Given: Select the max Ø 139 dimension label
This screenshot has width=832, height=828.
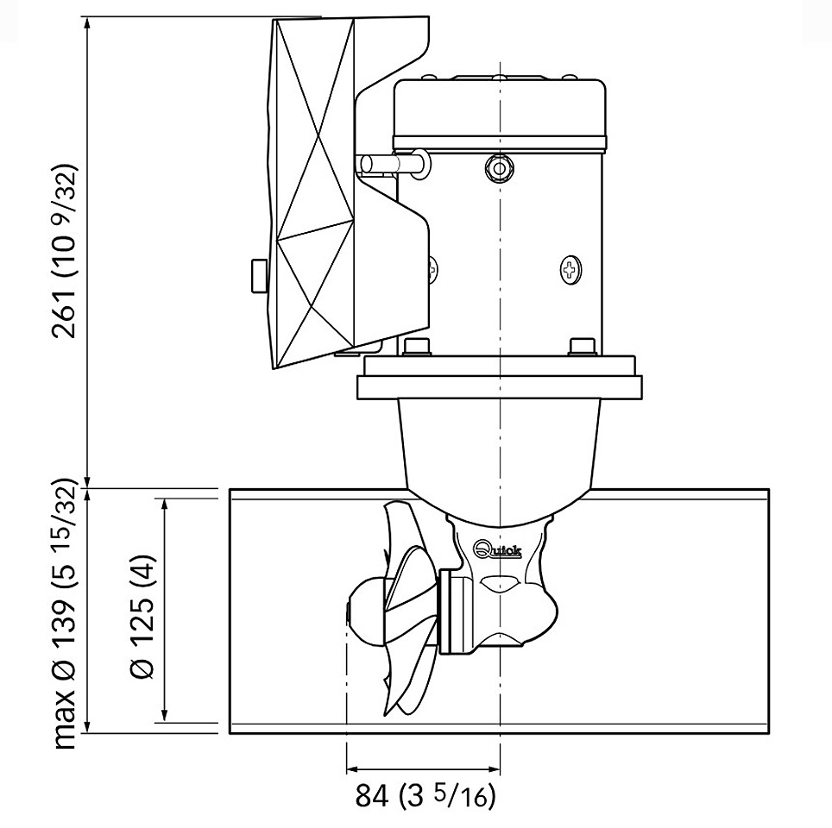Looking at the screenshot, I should pyautogui.click(x=68, y=618).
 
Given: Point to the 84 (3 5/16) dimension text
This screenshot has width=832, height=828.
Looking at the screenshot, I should pyautogui.click(x=425, y=796).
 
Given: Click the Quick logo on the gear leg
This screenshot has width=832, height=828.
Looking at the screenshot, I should pyautogui.click(x=498, y=549).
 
